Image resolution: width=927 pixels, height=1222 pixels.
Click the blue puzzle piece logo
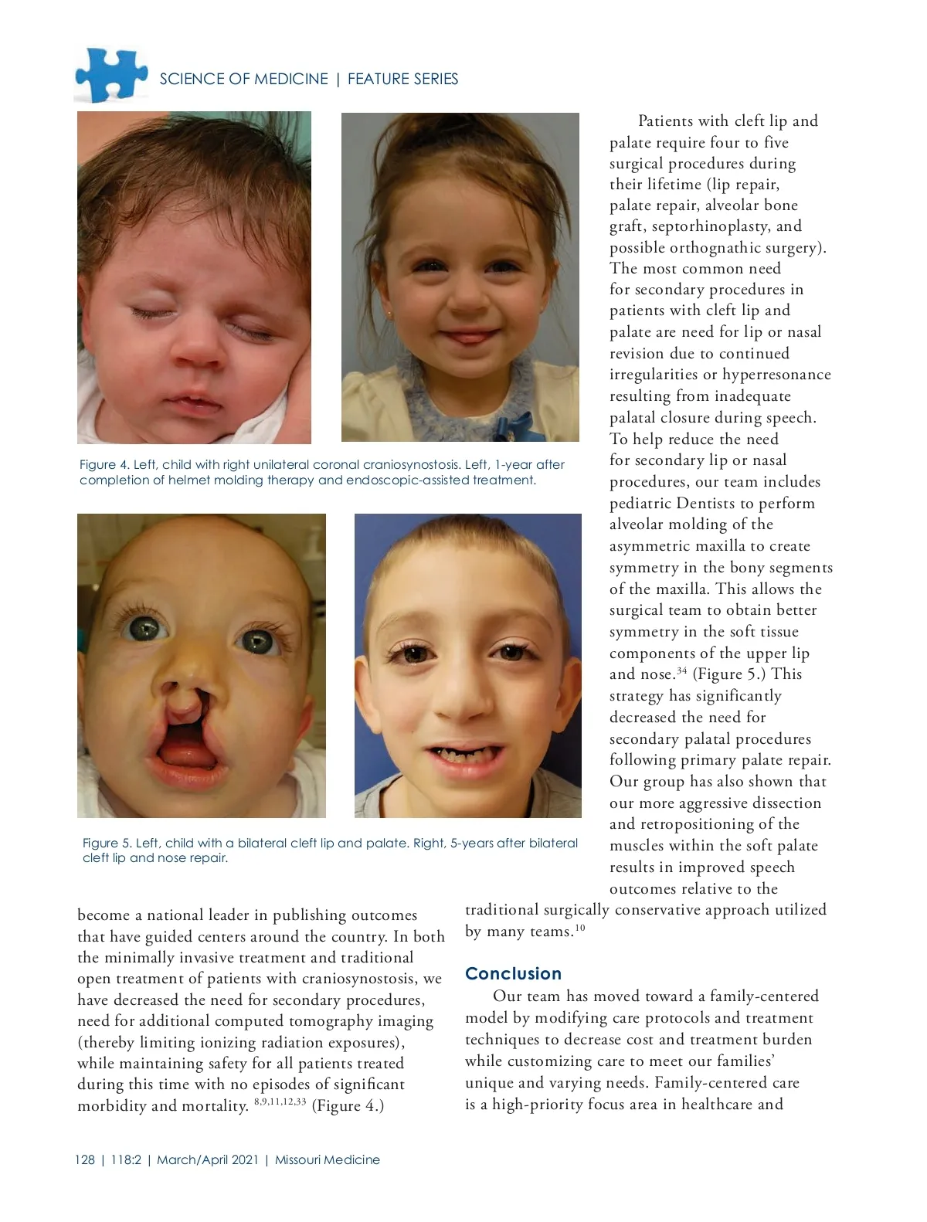[x=110, y=74]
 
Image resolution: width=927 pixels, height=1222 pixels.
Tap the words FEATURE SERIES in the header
[x=402, y=79]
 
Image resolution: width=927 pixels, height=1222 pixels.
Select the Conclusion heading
[x=513, y=973]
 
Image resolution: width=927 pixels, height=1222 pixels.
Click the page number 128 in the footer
[x=85, y=1159]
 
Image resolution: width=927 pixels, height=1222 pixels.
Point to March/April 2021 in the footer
[x=207, y=1159]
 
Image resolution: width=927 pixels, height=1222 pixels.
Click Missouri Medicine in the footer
[x=327, y=1159]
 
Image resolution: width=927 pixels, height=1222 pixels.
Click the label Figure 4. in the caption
[x=104, y=464]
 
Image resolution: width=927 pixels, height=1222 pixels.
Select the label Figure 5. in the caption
[x=107, y=843]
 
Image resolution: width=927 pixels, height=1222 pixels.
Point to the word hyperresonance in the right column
[x=776, y=375]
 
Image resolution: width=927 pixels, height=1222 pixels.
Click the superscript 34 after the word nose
[x=681, y=670]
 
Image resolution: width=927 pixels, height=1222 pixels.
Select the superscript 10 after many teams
[x=580, y=928]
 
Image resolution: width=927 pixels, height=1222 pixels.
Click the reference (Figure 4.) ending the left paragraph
[x=348, y=1105]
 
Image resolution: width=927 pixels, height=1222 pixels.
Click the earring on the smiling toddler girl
[x=389, y=314]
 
